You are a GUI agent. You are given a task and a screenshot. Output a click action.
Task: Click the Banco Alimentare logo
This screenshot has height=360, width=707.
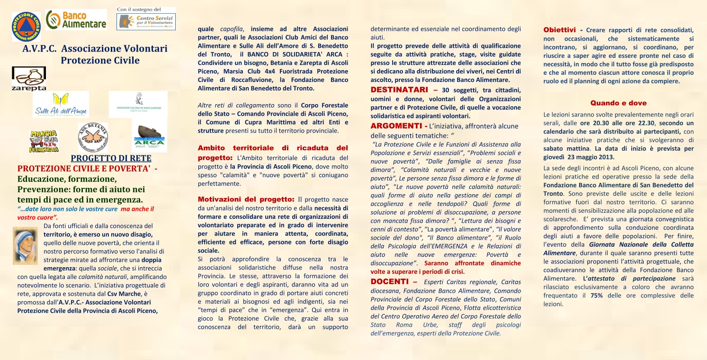tap(76, 20)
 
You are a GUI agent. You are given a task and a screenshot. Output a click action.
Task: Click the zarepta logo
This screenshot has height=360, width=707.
tap(29, 79)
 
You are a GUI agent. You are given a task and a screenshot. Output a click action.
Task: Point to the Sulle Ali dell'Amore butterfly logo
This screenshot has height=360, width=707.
tap(61, 105)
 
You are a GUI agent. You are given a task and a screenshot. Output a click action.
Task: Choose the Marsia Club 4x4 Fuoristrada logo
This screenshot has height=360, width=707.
tap(44, 141)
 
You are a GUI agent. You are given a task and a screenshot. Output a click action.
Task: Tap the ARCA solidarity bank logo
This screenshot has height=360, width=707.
tap(149, 138)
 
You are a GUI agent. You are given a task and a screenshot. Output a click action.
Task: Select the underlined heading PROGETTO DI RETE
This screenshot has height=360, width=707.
tap(111, 158)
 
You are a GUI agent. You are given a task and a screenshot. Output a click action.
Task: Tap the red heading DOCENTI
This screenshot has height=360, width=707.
tap(391, 282)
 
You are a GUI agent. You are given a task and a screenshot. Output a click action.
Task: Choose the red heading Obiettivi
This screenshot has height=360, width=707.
tap(559, 30)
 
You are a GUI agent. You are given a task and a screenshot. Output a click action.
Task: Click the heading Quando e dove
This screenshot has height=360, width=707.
tap(618, 103)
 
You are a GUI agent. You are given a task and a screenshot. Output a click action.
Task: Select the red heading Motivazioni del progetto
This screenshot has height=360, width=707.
tap(246, 199)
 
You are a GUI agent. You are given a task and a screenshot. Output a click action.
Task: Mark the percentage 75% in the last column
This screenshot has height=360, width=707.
tap(596, 295)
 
